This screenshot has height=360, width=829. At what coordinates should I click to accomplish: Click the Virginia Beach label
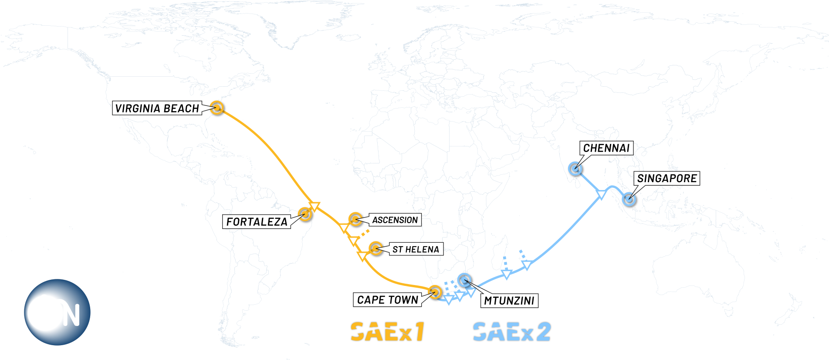[x=157, y=108]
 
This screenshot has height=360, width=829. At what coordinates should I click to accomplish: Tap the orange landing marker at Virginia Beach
[x=217, y=107]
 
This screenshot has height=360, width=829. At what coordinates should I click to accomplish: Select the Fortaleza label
[x=257, y=222]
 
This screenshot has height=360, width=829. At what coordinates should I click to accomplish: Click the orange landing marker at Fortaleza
[x=305, y=214]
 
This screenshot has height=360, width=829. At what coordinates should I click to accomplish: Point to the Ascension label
[x=395, y=220]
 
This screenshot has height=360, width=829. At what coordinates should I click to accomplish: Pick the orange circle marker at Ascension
[x=355, y=219]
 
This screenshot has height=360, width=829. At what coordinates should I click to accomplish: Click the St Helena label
[x=416, y=249]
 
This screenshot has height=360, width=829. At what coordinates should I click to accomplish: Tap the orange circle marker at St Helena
[x=376, y=249]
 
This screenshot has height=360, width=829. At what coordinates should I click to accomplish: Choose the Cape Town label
[x=387, y=300]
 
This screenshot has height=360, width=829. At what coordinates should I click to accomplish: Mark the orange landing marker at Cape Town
[x=435, y=292]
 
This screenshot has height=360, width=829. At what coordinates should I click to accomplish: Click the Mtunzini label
[x=509, y=301]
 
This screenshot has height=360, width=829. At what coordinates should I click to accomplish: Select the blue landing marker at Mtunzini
[x=465, y=279]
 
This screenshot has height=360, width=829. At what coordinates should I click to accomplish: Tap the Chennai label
[x=606, y=148]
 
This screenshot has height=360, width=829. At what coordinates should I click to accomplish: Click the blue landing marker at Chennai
[x=575, y=168]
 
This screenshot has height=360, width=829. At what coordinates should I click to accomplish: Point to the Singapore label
[x=667, y=178]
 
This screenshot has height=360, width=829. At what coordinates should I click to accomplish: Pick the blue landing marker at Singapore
[x=628, y=199]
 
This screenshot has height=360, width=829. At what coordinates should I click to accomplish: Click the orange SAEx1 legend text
[x=387, y=332]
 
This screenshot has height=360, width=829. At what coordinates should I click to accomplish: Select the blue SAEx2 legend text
[x=512, y=332]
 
